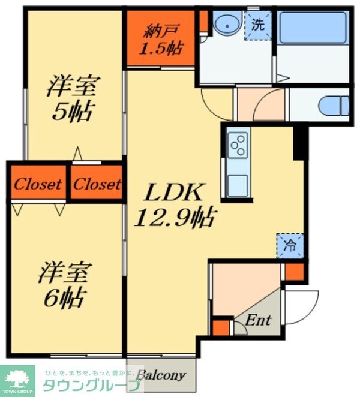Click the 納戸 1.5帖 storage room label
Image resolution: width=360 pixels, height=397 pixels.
[160, 38]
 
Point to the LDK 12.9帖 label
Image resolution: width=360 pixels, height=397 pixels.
[175, 205]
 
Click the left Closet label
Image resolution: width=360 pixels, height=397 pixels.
[38, 184]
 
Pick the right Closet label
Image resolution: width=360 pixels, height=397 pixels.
[97, 184]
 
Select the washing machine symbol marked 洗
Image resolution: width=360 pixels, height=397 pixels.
[257, 26]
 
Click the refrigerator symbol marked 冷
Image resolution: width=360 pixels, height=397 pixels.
[290, 246]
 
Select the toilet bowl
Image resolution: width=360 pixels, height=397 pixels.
[333, 106]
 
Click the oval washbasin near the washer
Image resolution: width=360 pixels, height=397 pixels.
[227, 25]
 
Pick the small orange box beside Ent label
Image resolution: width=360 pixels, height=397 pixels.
[221, 328]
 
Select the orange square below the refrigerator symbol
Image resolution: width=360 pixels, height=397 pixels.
[294, 272]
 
